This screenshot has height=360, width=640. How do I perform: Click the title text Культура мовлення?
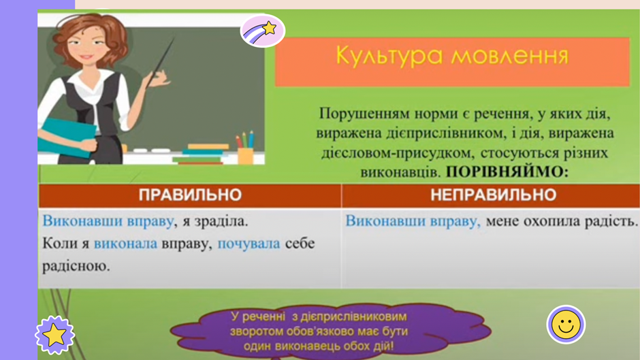(x=452, y=56)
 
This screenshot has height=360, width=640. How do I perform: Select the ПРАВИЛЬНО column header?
(x=190, y=195)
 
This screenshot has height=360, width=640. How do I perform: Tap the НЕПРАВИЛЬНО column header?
(x=493, y=195)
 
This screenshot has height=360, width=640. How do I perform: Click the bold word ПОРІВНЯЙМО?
(x=507, y=172)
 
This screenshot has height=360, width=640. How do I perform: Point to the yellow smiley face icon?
(x=566, y=325)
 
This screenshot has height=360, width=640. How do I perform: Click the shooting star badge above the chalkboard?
(x=262, y=31)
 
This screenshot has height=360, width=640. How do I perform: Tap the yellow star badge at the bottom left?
(x=54, y=335)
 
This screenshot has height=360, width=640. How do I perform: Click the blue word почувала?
(x=249, y=244)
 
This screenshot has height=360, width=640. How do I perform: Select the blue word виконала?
(x=125, y=244)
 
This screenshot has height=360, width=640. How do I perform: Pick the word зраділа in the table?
(x=221, y=221)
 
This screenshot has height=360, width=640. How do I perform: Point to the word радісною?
(x=76, y=266)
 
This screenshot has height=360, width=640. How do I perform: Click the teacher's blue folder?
(x=66, y=138)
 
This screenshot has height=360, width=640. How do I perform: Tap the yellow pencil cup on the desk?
(x=245, y=156)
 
